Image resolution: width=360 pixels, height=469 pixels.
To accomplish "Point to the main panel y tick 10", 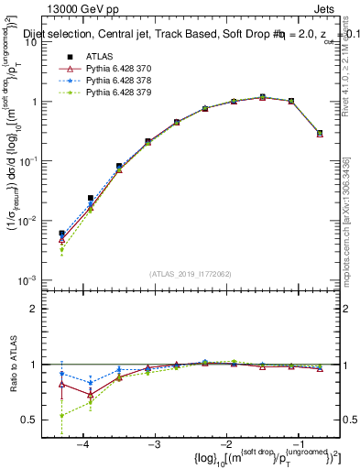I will (x=39, y=42).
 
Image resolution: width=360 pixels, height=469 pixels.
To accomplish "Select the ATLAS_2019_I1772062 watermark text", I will (x=190, y=273).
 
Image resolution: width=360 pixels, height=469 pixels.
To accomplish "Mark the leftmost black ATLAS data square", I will (x=61, y=234).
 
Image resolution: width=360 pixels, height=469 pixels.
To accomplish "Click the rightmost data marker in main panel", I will (x=320, y=134).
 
